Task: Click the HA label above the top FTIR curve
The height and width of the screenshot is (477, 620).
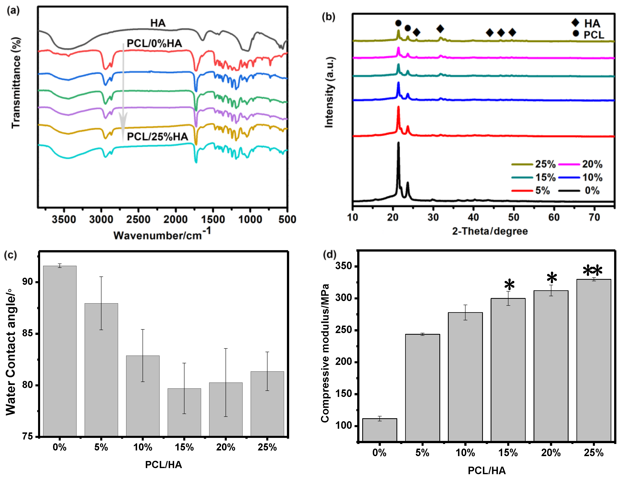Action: pyautogui.click(x=158, y=23)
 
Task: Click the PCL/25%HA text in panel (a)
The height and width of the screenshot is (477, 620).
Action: pyautogui.click(x=157, y=137)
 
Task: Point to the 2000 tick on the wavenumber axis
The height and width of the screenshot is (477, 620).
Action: pyautogui.click(x=175, y=219)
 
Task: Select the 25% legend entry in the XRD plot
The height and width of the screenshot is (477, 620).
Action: pyautogui.click(x=533, y=164)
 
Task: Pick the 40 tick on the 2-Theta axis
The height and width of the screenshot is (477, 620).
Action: pyautogui.click(x=473, y=217)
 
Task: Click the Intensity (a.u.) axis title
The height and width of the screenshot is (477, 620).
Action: pyautogui.click(x=329, y=92)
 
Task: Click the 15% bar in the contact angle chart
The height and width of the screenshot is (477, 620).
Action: pyautogui.click(x=184, y=412)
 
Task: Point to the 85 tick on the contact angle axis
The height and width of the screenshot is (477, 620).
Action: pyautogui.click(x=28, y=333)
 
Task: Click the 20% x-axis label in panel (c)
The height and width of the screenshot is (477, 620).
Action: pyautogui.click(x=226, y=447)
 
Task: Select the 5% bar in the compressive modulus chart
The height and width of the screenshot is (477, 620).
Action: pyautogui.click(x=422, y=388)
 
